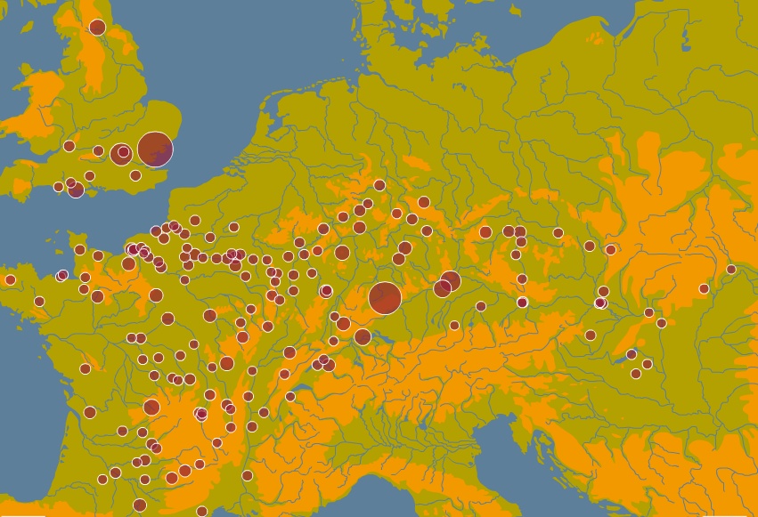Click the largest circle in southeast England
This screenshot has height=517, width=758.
pyautogui.click(x=155, y=149)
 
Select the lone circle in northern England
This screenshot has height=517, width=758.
pyautogui.click(x=97, y=28)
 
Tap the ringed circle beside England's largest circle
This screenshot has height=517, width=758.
pyautogui.click(x=122, y=153)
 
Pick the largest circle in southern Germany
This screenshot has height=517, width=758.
pyautogui.click(x=385, y=298)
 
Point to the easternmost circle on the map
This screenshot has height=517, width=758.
pyautogui.click(x=731, y=270)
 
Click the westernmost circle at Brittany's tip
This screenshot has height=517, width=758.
pyautogui.click(x=10, y=280)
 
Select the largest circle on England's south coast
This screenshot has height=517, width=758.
pyautogui.click(x=76, y=190)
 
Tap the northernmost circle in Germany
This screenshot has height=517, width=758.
pyautogui.click(x=379, y=185)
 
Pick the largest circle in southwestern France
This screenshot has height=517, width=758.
pyautogui.click(x=151, y=408)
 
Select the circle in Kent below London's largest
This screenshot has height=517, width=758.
pyautogui.click(x=135, y=175)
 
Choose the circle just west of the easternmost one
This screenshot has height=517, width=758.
pyautogui.click(x=704, y=288)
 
